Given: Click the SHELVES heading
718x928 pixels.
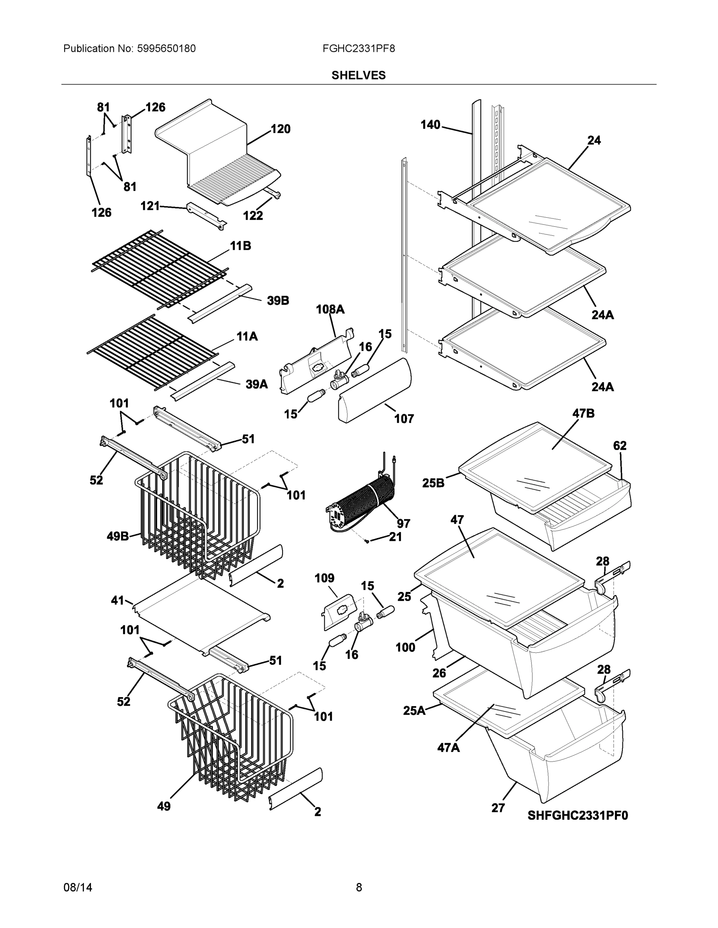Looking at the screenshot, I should pos(358,75).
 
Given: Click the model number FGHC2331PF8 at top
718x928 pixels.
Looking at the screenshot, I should pos(358,48).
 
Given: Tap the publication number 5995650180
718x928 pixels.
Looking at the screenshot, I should pos(166,48).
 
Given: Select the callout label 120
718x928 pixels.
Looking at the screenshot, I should pos(281,129).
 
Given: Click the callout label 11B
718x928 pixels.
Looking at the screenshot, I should pos(240,246).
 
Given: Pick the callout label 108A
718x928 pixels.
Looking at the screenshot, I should pos(330,309).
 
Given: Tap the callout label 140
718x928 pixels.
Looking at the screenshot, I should pos(430,125).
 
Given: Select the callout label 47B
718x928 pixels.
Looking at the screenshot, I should pos(583,413).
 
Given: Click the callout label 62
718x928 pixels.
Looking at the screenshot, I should pos(620,445).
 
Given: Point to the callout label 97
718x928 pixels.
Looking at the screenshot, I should pos(403,524).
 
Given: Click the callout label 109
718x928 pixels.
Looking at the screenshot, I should pos(324,578).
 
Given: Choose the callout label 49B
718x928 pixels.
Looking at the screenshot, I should pos(117,536).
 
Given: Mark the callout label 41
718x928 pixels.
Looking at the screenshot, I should pos(117,600).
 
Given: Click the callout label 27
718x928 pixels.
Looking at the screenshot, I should pos(498,808).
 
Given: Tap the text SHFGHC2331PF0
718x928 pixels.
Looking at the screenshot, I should pos(577,815).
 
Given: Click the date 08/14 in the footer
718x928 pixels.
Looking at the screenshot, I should pos(78,887).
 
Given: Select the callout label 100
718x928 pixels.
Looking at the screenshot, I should pos(405,647).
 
